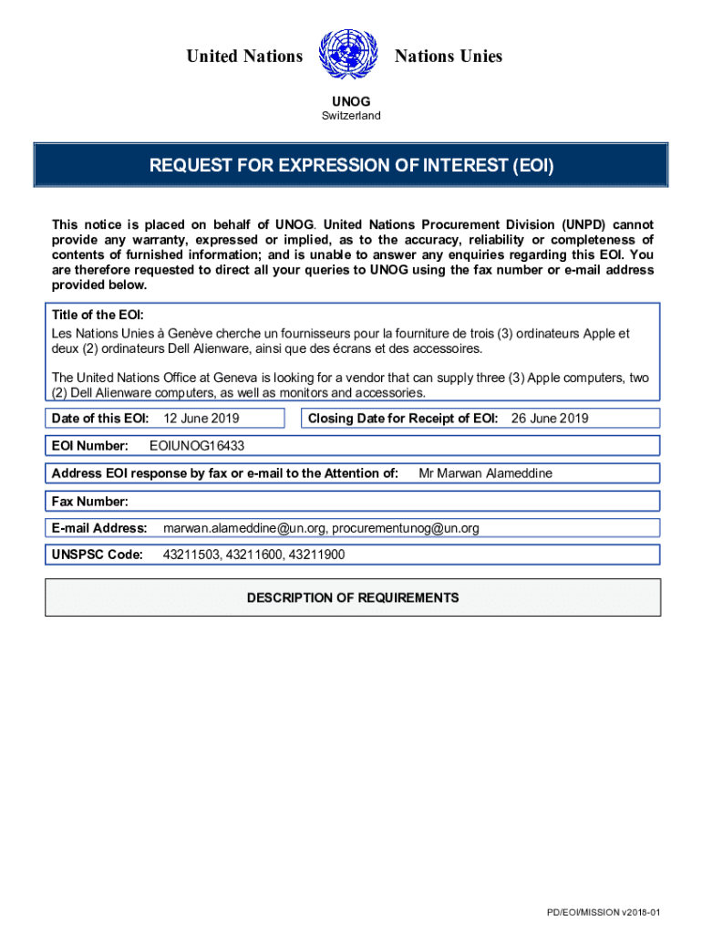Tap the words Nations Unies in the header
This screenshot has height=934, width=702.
pos(448,57)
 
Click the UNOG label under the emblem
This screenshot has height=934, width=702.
pos(350,101)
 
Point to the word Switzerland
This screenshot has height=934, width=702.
pos(351,116)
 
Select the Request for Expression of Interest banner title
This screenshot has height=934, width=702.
pos(351,166)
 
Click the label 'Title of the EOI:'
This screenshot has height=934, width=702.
pos(98,314)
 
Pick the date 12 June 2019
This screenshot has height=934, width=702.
pos(200,419)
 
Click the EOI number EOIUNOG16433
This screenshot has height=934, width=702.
pos(196,446)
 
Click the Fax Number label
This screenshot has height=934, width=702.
pos(90,501)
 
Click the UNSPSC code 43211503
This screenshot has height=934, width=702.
pos(190,555)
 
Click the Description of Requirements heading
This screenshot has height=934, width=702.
pos(353,598)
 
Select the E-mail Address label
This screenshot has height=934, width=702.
pos(99,528)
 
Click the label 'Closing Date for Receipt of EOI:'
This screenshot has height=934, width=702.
pos(403,419)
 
